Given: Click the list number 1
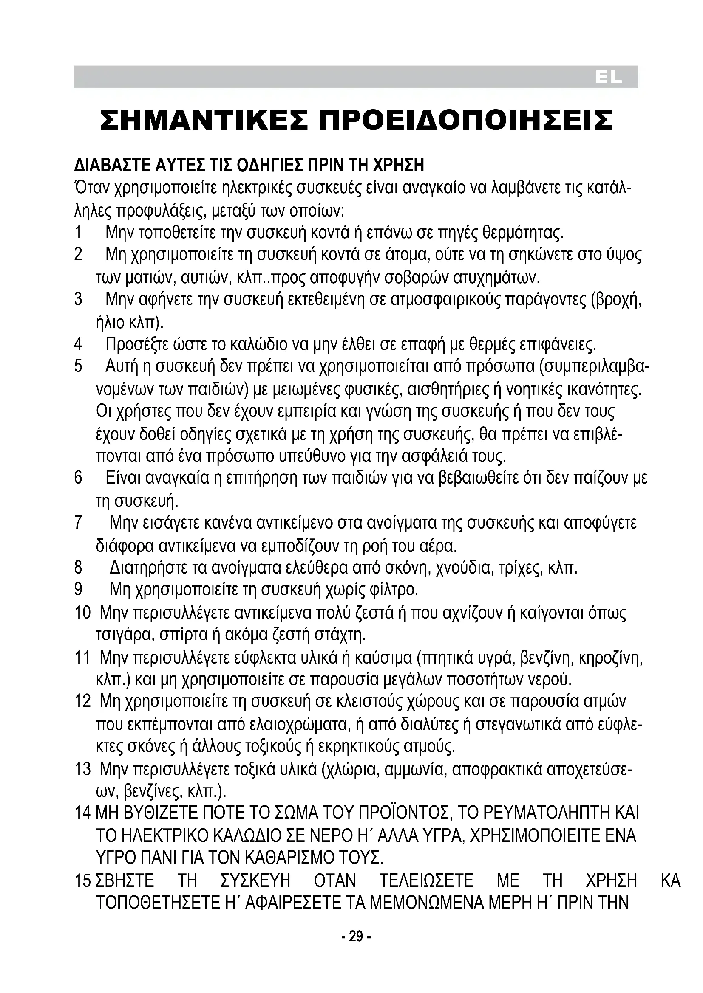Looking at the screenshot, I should click(78, 233).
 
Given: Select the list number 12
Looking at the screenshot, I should click(83, 700).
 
